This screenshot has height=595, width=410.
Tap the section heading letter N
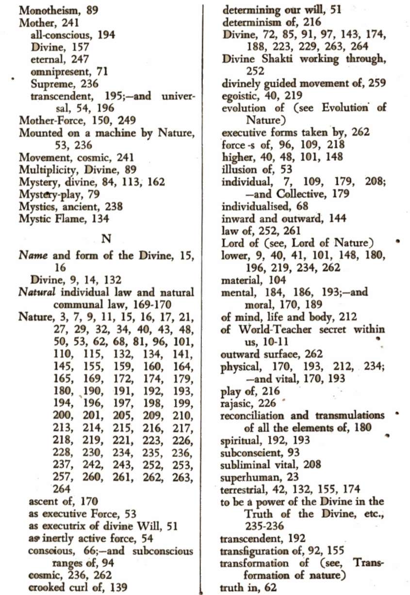[x=106, y=238]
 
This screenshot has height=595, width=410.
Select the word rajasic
[x=236, y=403]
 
